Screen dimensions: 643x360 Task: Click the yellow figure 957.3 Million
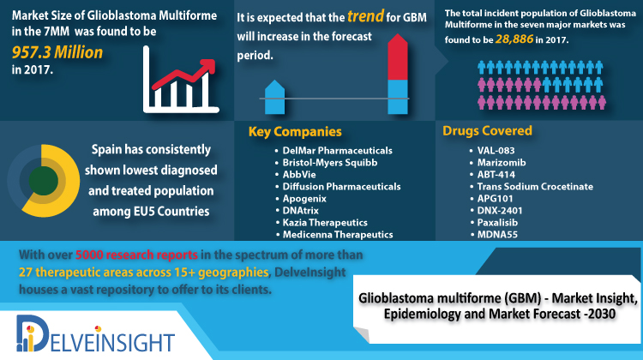(x=57, y=52)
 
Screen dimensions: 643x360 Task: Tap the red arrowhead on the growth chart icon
(x=208, y=67)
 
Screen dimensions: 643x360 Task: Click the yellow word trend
(x=365, y=16)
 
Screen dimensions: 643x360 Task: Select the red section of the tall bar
(x=398, y=57)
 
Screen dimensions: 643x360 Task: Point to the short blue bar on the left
(x=274, y=97)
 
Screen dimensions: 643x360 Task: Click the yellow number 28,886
(x=514, y=39)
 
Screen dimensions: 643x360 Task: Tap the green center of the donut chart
(x=44, y=181)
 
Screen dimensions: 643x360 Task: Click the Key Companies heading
(x=295, y=132)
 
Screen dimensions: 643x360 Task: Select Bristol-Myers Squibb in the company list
(x=330, y=163)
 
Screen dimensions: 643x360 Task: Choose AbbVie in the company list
(x=299, y=175)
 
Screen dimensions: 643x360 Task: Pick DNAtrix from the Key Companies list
(x=301, y=211)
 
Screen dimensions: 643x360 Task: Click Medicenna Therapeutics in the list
(x=338, y=235)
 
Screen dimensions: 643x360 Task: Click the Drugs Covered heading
(x=487, y=131)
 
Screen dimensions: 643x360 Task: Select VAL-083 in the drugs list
(x=496, y=151)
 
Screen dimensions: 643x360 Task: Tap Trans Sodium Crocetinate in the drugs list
(x=535, y=187)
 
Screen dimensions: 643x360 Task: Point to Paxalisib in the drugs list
(x=497, y=223)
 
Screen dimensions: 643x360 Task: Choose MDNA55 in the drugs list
(x=497, y=235)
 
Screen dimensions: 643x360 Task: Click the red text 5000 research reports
(x=136, y=255)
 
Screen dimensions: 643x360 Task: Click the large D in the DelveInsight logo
(x=33, y=333)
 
